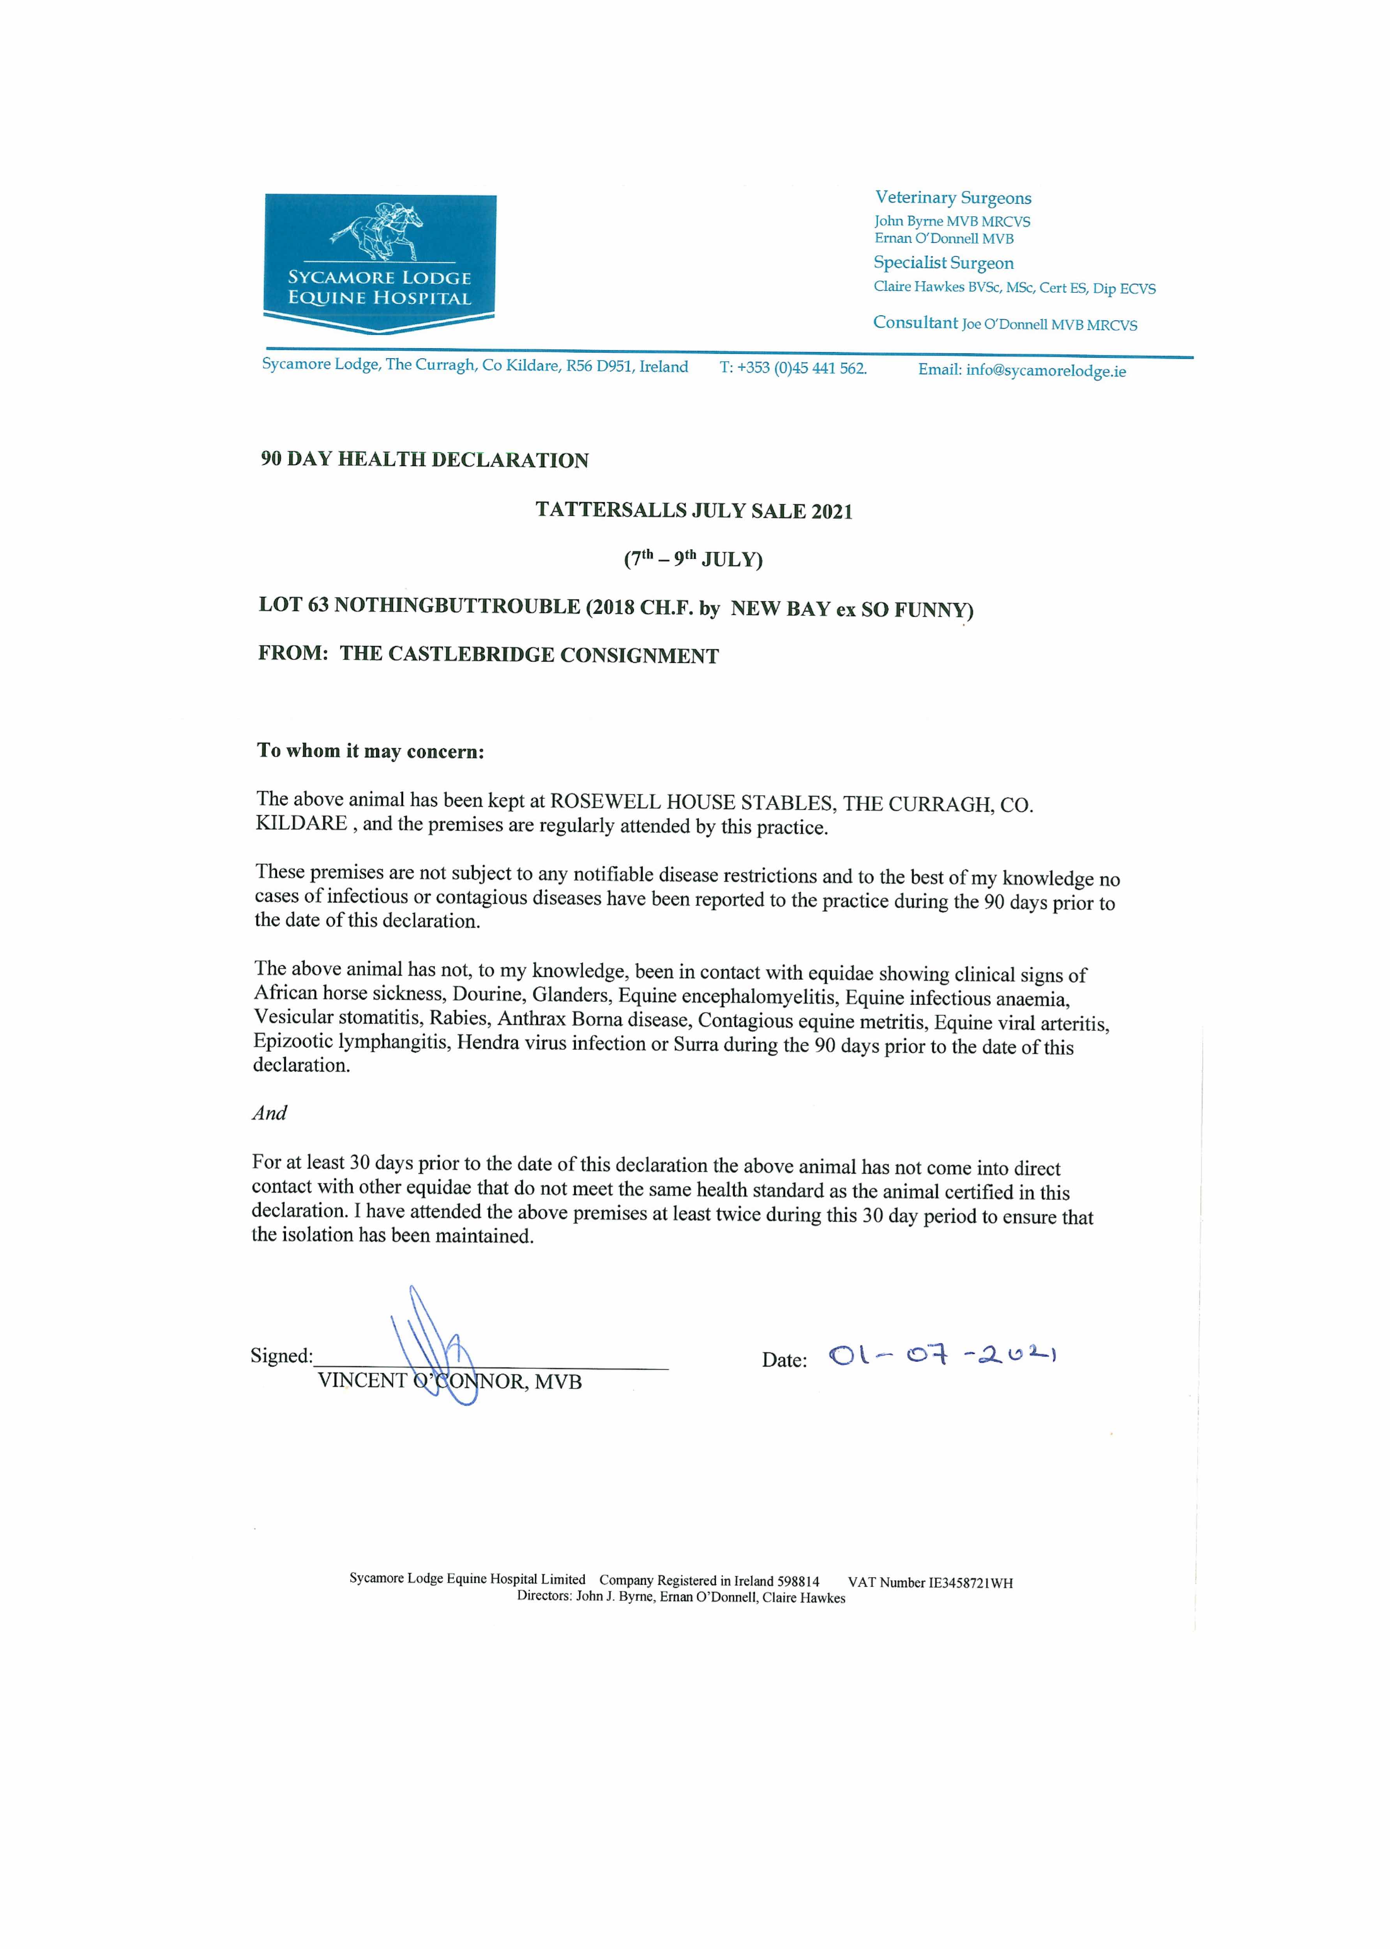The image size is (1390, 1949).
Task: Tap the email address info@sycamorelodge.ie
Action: pos(1045,371)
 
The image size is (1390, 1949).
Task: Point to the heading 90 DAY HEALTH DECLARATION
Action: pos(424,460)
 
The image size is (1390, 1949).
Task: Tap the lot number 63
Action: pos(318,605)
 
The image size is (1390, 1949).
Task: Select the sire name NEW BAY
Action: pos(780,608)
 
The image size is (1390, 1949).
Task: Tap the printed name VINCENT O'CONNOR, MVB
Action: pos(449,1381)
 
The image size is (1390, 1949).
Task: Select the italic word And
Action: pos(270,1113)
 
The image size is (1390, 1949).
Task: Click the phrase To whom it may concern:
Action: pos(371,751)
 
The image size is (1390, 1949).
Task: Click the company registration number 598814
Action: pos(798,1581)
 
